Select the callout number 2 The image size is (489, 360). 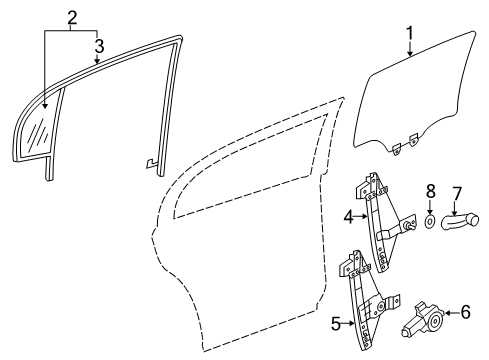(71, 17)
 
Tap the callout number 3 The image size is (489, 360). (98, 45)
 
